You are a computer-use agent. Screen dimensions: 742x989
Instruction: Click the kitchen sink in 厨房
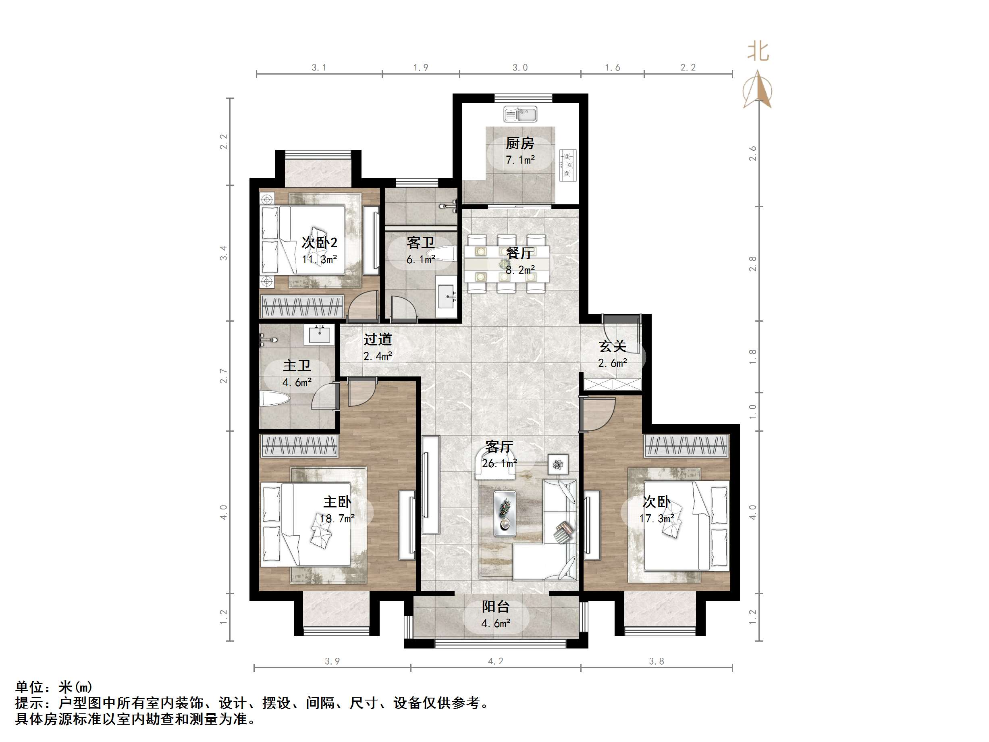tap(520, 114)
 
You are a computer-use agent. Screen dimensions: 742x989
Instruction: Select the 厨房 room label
tap(519, 143)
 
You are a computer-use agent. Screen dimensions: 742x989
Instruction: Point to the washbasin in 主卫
tap(319, 335)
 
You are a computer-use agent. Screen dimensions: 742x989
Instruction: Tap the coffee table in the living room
tap(505, 513)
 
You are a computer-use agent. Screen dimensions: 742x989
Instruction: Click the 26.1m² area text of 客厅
tap(499, 463)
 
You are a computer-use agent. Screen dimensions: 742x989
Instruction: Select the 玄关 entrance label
tap(612, 346)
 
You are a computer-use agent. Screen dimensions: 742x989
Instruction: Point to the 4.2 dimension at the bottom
tap(495, 661)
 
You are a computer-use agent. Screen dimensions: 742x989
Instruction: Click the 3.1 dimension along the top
tap(319, 68)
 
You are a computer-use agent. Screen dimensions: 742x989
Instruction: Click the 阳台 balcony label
tap(495, 607)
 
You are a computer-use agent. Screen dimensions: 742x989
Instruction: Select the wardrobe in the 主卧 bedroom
tap(299, 445)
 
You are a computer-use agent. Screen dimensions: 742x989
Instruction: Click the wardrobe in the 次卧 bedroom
tap(686, 445)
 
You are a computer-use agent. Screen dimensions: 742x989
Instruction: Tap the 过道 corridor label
tap(377, 339)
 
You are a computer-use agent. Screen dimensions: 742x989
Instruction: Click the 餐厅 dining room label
tap(519, 253)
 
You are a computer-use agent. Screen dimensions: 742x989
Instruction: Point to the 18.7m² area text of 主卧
tap(337, 518)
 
